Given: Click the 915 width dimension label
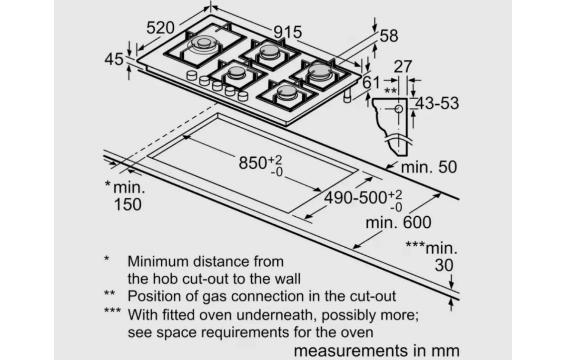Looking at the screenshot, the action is tap(288, 33).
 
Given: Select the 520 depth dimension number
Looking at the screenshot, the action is tap(160, 28).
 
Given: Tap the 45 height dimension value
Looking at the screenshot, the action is tap(114, 59).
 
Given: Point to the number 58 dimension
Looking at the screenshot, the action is tap(389, 36).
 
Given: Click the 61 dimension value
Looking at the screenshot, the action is tap(371, 82).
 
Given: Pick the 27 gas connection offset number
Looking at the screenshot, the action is tap(403, 67).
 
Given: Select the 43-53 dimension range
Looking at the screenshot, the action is tap(437, 103).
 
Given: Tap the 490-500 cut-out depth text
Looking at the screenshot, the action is tap(355, 198).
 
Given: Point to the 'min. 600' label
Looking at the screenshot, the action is tap(398, 222).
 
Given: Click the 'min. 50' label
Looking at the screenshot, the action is tap(429, 167).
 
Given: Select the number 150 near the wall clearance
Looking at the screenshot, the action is tap(128, 204).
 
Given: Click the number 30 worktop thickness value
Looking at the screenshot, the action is tap(444, 265).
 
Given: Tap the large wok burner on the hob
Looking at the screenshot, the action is tap(203, 45).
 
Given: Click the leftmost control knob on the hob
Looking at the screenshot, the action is tap(192, 75).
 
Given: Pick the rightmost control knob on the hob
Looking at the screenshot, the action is tap(243, 96).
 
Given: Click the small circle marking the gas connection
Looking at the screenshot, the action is tap(399, 109).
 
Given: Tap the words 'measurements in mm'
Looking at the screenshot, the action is tap(376, 351).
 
